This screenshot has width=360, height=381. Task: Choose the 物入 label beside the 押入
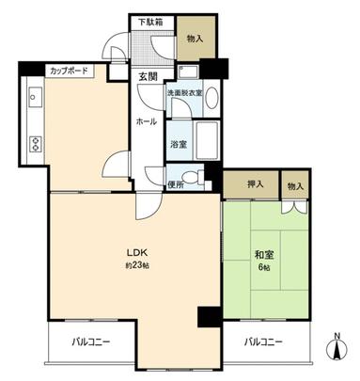[294, 186]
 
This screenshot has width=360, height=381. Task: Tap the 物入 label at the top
[196, 38]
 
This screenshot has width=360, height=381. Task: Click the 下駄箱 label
[150, 21]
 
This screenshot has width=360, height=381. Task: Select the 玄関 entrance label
[149, 76]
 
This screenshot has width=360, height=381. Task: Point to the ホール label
[147, 121]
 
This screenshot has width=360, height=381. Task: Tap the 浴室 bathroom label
[179, 145]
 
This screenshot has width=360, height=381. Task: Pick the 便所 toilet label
[175, 183]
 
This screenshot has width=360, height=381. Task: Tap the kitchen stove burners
[37, 144]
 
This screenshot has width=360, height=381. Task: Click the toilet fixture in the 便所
[194, 176]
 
